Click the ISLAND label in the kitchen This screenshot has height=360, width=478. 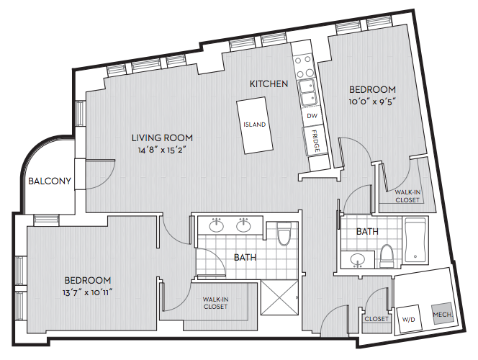tap(255, 125)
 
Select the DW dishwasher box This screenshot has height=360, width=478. tap(312, 116)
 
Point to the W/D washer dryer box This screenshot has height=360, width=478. tap(408, 319)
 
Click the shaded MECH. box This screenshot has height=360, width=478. tap(442, 314)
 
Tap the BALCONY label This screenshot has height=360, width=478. tap(50, 181)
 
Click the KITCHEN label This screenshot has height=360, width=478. tap(269, 84)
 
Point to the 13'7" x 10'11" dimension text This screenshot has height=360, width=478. tap(88, 292)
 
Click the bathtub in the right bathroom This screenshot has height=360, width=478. tap(415, 240)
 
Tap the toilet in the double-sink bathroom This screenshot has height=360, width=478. tap(284, 234)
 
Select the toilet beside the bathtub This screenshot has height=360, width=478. tap(387, 256)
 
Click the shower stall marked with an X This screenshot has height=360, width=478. tap(279, 298)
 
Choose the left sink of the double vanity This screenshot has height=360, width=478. tap(217, 225)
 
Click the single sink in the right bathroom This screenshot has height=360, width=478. tap(357, 261)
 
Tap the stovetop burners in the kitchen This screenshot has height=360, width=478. tap(304, 66)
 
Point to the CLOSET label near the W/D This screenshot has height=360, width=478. tap(376, 319)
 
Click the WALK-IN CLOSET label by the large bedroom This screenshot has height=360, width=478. tap(215, 303)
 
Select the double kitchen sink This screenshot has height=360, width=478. tap(307, 92)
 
